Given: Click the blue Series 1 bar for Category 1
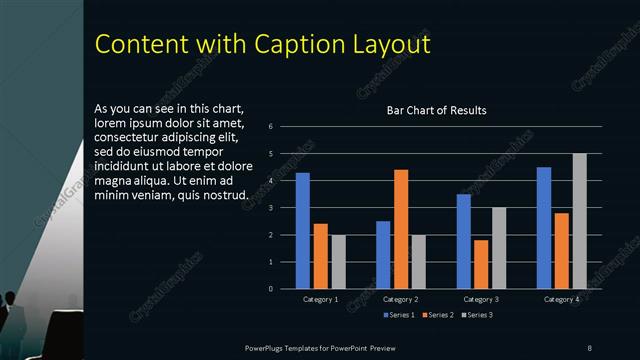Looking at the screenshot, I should pyautogui.click(x=303, y=231).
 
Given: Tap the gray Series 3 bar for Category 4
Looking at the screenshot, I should pyautogui.click(x=579, y=221).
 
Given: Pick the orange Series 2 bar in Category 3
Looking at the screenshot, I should pyautogui.click(x=481, y=264).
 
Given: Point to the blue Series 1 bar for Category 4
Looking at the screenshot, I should pyautogui.click(x=544, y=228).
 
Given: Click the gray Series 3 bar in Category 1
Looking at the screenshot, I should pyautogui.click(x=338, y=262).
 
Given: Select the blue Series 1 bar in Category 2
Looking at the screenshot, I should pyautogui.click(x=383, y=255).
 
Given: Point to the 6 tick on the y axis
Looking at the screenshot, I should pyautogui.click(x=270, y=127).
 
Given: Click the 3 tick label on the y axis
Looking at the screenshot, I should pyautogui.click(x=270, y=208).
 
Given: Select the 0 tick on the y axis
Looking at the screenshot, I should pyautogui.click(x=270, y=289).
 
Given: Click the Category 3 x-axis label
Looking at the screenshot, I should pyautogui.click(x=480, y=299).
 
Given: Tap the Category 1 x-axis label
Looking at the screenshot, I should pyautogui.click(x=320, y=299).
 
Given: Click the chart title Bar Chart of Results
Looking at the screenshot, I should pyautogui.click(x=437, y=110).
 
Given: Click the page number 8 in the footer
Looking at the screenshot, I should pyautogui.click(x=590, y=347).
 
